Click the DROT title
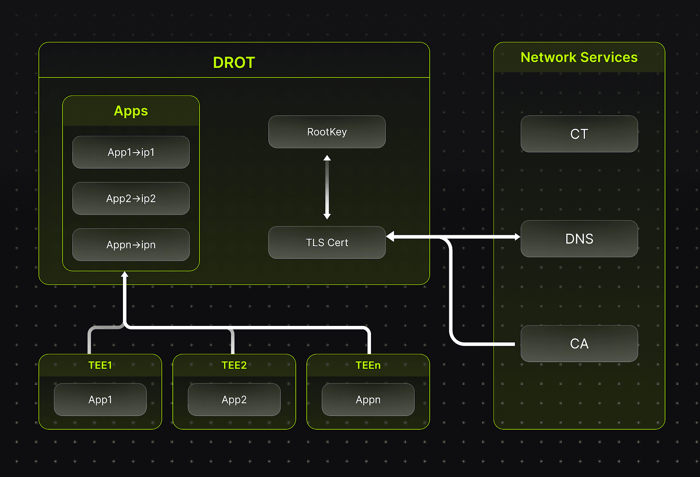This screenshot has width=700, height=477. (234, 63)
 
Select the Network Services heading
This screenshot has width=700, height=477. (579, 57)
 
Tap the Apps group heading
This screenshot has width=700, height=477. (131, 111)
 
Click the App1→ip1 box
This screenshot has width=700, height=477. (131, 152)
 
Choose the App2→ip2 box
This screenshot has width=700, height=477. (131, 198)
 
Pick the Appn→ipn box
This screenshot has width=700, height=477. (131, 244)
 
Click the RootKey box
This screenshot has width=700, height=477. (327, 132)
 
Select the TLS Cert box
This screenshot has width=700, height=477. (327, 242)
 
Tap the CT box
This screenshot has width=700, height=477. (579, 134)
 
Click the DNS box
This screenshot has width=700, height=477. (579, 239)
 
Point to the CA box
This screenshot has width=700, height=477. (579, 343)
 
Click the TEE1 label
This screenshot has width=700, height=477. (100, 365)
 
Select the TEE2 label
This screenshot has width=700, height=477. (234, 365)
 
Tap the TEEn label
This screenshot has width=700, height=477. (368, 365)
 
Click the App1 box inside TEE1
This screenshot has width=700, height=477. (100, 399)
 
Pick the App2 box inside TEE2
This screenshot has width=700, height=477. (234, 399)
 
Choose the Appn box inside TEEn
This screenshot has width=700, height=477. (368, 399)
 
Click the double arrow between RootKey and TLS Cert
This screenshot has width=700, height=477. (327, 187)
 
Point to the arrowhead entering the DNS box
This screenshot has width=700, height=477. (518, 237)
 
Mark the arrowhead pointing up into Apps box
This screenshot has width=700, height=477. (125, 274)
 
